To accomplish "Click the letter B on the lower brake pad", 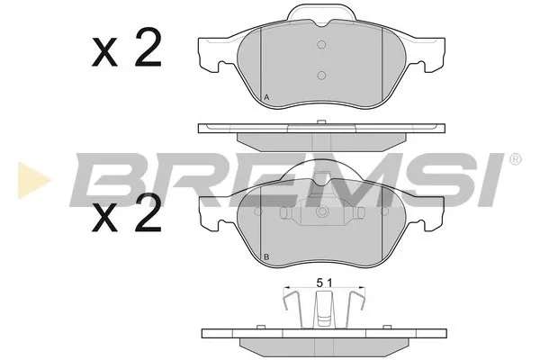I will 265,258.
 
